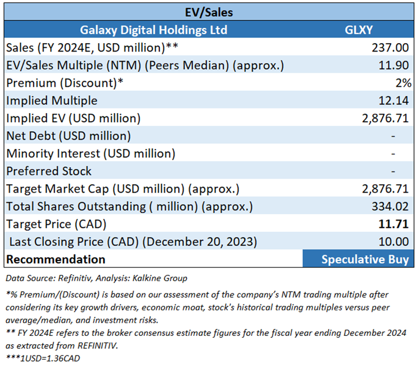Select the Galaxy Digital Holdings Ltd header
tap(154, 29)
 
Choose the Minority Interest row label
tap(90, 153)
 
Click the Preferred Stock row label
tap(48, 171)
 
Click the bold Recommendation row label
tap(56, 259)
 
